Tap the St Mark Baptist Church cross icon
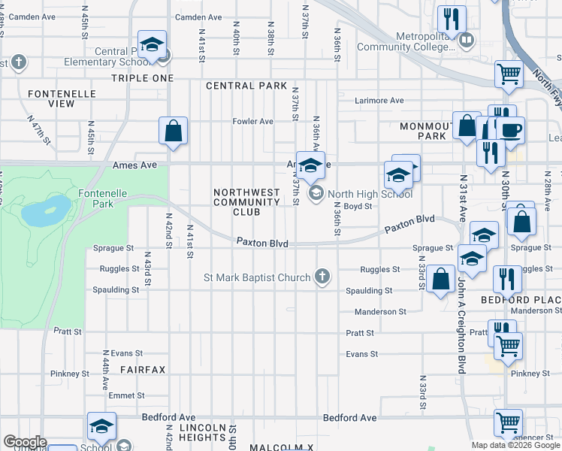pyautogui.click(x=322, y=277)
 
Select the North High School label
pyautogui.click(x=370, y=194)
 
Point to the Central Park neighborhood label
pyautogui.click(x=246, y=86)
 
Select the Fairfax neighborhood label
pyautogui.click(x=142, y=369)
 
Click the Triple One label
pyautogui.click(x=142, y=78)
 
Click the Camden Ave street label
pyautogui.click(x=198, y=17)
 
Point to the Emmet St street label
pyautogui.click(x=126, y=395)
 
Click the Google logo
pyautogui.click(x=25, y=442)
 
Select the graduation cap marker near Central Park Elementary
pyautogui.click(x=152, y=45)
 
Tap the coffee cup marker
pyautogui.click(x=510, y=129)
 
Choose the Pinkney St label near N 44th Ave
pyautogui.click(x=70, y=374)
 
